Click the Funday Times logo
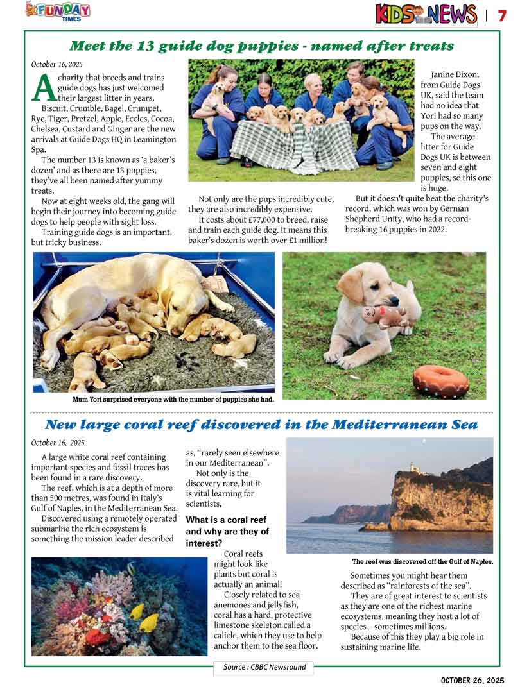(x=57, y=11)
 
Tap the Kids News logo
(x=426, y=14)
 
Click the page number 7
(x=502, y=15)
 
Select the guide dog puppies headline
(x=261, y=46)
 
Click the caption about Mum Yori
(x=173, y=399)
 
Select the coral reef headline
(x=261, y=425)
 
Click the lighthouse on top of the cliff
(x=414, y=468)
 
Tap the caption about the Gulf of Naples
(x=422, y=561)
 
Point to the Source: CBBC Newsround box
(x=263, y=667)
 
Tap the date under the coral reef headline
(x=57, y=443)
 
